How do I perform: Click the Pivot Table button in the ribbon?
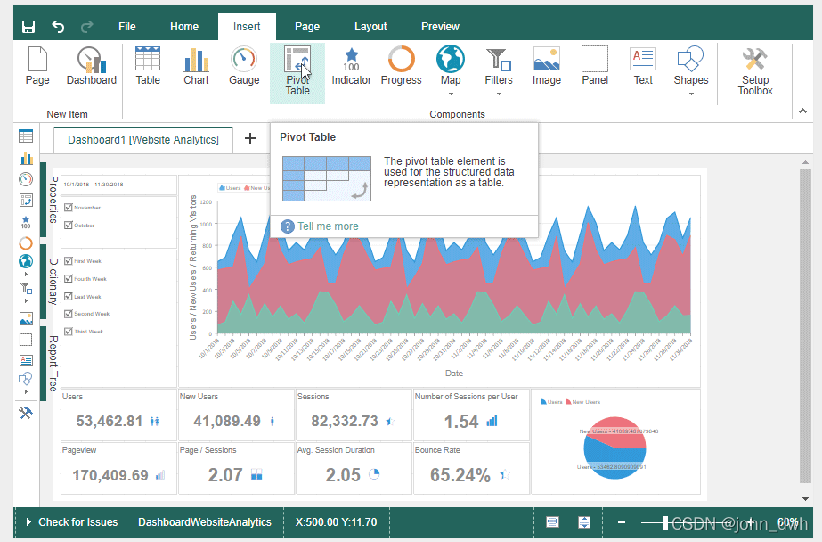pyautogui.click(x=297, y=72)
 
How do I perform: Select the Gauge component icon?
pyautogui.click(x=244, y=67)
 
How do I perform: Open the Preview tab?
pyautogui.click(x=440, y=27)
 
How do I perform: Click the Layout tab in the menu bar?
pyautogui.click(x=370, y=27)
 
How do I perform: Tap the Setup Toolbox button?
pyautogui.click(x=754, y=71)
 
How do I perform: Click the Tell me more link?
pyautogui.click(x=328, y=226)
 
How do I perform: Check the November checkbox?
pyautogui.click(x=69, y=208)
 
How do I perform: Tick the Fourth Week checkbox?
pyautogui.click(x=69, y=279)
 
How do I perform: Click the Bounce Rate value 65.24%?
pyautogui.click(x=460, y=475)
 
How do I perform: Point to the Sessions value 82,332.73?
pyautogui.click(x=345, y=421)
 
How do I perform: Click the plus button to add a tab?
pyautogui.click(x=250, y=138)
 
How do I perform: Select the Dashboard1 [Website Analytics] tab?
pyautogui.click(x=143, y=140)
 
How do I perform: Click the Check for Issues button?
pyautogui.click(x=71, y=522)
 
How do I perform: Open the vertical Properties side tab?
pyautogui.click(x=53, y=200)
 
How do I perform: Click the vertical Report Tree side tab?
pyautogui.click(x=53, y=363)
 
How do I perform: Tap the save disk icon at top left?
pyautogui.click(x=28, y=27)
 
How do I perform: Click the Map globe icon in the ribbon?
pyautogui.click(x=451, y=61)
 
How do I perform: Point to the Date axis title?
pyautogui.click(x=454, y=373)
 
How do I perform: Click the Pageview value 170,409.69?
pyautogui.click(x=110, y=475)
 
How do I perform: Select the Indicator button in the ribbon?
pyautogui.click(x=352, y=67)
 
